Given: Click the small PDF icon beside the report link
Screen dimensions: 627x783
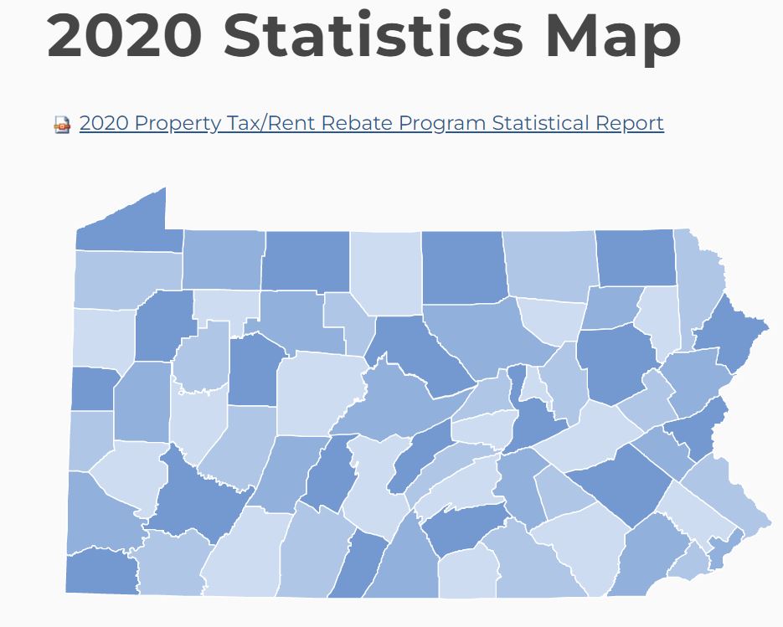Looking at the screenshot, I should (x=62, y=125).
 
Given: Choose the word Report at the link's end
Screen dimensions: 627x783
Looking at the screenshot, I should (x=630, y=123).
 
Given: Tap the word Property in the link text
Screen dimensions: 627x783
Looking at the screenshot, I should (x=177, y=123).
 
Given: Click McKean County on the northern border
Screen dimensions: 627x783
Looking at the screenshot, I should (x=305, y=260).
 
